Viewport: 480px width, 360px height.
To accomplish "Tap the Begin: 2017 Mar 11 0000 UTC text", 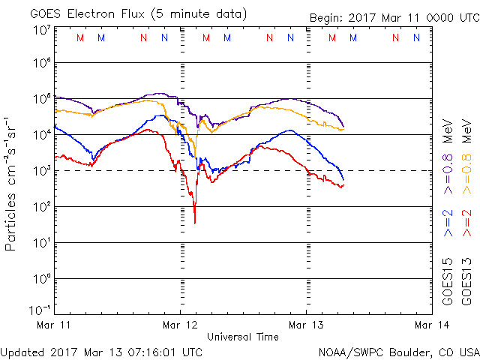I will coord(394,18).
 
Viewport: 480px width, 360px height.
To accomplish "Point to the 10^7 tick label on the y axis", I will coord(41,30).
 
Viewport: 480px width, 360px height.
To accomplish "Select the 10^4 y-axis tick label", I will coord(41,135).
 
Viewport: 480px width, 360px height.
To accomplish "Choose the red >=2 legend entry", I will coord(468,223).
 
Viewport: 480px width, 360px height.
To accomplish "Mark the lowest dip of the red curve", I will coord(194,223).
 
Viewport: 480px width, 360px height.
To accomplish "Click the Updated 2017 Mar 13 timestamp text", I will coord(101,351).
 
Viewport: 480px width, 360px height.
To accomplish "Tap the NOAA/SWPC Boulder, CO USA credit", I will coord(398,351).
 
